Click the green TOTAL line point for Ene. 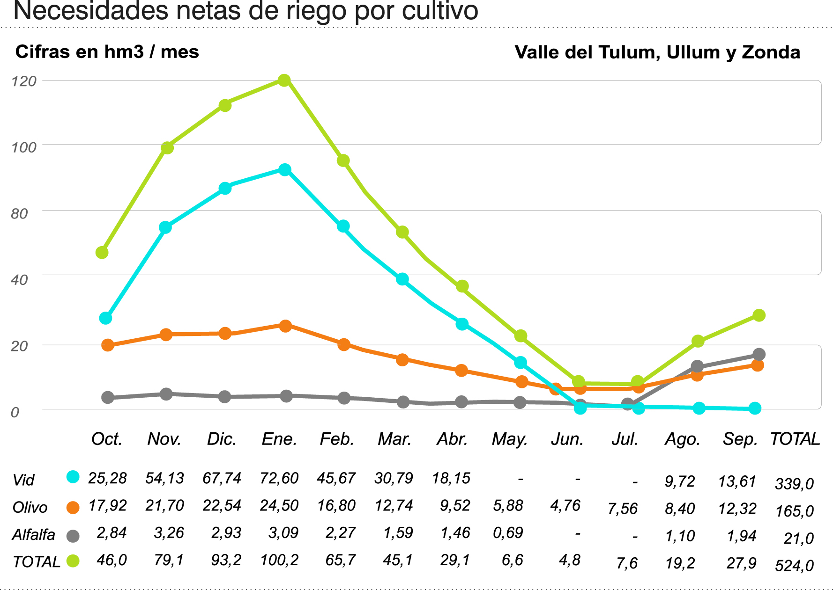284,80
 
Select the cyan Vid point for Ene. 284,169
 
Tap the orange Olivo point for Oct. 108,345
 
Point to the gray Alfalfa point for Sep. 759,354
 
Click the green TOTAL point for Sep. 759,315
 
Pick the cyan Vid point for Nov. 165,227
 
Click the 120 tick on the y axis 24,81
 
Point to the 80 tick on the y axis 19,214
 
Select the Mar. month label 394,439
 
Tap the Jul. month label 625,439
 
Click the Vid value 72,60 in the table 279,478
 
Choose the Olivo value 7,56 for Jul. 623,509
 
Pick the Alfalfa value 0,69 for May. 508,532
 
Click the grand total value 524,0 795,566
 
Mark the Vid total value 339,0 795,483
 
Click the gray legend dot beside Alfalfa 73,536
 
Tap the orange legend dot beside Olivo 73,508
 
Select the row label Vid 23,480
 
